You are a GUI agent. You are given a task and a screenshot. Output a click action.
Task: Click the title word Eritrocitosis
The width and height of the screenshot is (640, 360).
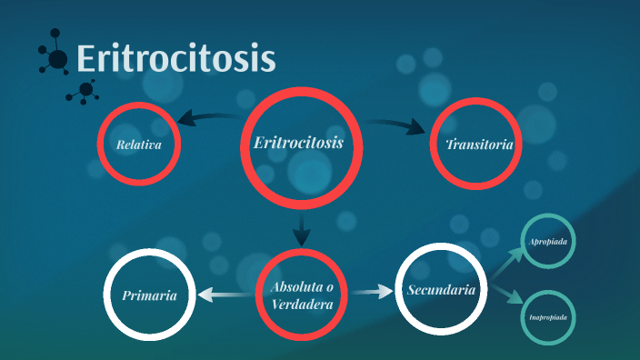[175, 58]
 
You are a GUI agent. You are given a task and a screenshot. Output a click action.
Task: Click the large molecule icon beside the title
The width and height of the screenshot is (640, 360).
[55, 58]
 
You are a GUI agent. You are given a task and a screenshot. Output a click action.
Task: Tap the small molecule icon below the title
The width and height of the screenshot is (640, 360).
[85, 90]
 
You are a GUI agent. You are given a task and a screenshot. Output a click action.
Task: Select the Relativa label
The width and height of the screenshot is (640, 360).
[138, 145]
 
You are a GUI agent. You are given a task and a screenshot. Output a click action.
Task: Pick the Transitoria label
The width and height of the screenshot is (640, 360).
[479, 145]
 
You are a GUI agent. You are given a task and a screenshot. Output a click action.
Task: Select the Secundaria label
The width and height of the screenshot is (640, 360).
[441, 291]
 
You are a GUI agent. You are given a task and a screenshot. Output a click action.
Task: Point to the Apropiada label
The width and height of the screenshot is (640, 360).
[548, 242]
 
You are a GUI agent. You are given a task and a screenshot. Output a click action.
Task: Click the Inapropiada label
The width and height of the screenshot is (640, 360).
[548, 317]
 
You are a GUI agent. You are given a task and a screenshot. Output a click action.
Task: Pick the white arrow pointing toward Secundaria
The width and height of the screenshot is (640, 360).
[370, 293]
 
